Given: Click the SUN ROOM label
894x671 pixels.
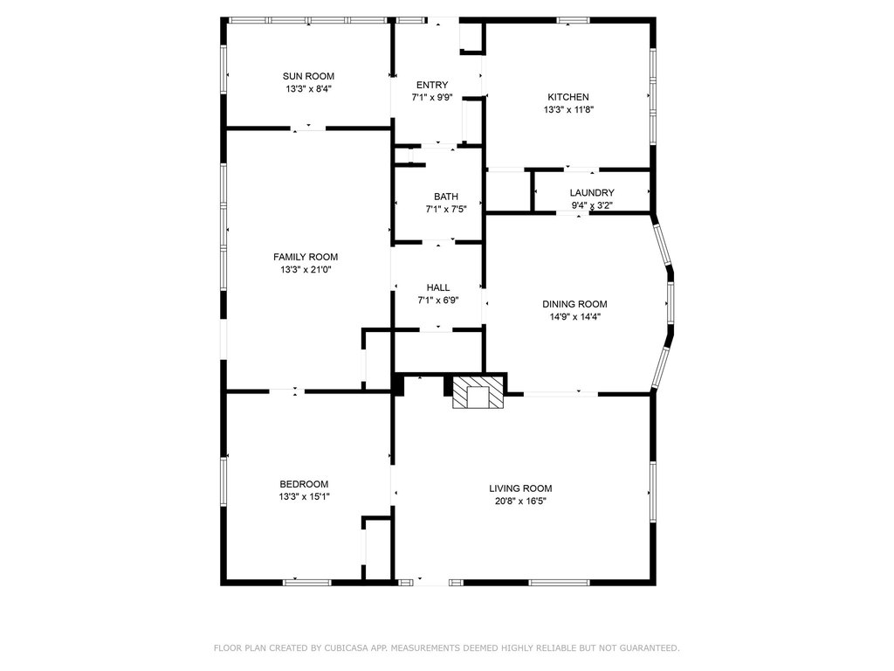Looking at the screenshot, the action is point(308,77).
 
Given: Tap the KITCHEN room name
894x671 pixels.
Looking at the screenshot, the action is point(568,98).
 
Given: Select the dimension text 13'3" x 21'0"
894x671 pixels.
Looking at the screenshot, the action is point(306,270).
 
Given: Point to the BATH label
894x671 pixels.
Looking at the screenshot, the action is point(446,197).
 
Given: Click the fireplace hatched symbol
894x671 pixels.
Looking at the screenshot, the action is point(479,391).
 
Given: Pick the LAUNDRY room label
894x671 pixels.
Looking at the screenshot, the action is point(592,193).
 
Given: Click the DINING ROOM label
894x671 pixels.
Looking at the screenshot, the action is point(574,304).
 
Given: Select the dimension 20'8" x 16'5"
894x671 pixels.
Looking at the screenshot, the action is point(520,502).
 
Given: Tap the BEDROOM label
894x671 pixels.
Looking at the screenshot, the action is point(304,484).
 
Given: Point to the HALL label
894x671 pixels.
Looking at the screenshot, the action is point(438,287).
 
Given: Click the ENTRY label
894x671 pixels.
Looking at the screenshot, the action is point(432,85).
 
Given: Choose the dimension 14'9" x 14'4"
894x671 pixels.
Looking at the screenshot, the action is point(574,317).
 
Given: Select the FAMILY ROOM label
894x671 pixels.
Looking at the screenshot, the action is point(306,258).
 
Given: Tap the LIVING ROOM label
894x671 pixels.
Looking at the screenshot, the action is point(520,488).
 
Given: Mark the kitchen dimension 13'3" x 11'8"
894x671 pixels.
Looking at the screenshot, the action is point(568,110).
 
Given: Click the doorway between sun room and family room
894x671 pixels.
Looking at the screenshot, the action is point(308,128).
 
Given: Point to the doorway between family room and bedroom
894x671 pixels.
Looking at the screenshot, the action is point(286,391).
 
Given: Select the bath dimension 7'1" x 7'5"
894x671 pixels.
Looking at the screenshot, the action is point(446,210).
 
